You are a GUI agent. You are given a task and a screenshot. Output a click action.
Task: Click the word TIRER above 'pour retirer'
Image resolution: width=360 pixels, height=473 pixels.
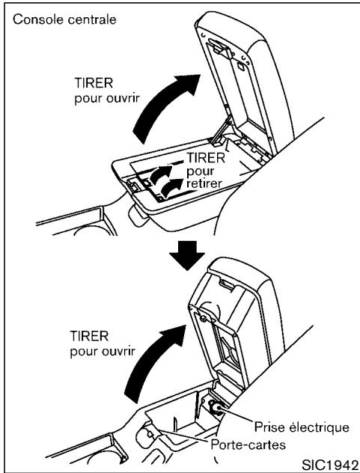(x=223, y=159)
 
